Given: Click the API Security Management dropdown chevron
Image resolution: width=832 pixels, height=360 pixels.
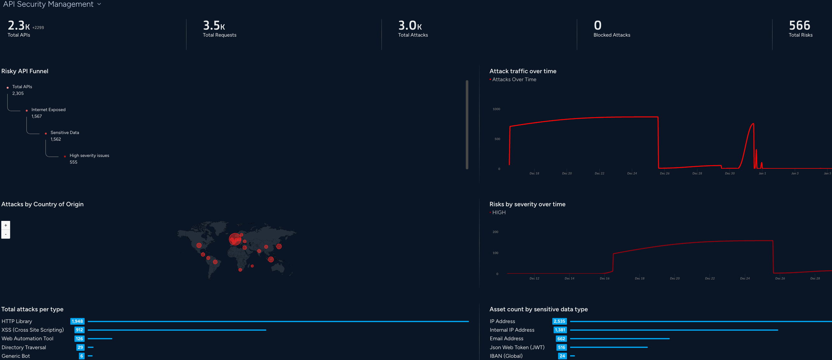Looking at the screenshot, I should point(99,4).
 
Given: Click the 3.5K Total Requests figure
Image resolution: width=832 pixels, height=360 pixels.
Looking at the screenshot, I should point(214,25).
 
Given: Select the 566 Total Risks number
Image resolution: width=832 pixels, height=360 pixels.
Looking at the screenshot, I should point(799,25).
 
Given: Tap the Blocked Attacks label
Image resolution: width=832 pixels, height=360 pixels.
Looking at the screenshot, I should point(612,35).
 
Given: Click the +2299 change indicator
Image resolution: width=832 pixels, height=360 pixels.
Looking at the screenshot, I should point(38,28).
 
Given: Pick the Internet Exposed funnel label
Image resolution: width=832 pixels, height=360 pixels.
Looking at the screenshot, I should point(48,110).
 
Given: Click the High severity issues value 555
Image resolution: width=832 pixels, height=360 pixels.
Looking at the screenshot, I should point(73,162).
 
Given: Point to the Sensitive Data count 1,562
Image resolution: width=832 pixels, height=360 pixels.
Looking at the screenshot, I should point(56,139).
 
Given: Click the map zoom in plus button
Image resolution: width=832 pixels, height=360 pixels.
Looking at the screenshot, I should point(6,225).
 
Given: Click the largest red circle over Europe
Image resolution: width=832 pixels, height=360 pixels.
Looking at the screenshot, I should point(235,239).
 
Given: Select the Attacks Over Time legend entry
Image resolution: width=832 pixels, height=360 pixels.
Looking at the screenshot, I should point(514,80).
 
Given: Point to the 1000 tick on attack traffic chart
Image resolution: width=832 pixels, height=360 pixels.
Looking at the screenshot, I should point(496,109).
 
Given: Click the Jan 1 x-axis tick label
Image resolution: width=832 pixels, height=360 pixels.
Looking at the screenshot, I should point(762,173).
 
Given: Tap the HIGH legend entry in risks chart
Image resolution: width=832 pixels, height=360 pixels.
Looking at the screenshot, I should point(499,213).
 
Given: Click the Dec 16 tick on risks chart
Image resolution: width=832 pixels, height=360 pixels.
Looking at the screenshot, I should point(604,279).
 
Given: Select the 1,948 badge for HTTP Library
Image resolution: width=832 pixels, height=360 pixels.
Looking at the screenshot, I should point(77,321).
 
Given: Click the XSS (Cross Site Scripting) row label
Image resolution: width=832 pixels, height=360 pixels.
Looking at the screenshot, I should point(33,330).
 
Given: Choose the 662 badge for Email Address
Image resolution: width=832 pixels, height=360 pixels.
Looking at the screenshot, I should point(561,339).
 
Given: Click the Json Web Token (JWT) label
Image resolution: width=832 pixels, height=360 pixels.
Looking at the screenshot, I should point(517,347).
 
